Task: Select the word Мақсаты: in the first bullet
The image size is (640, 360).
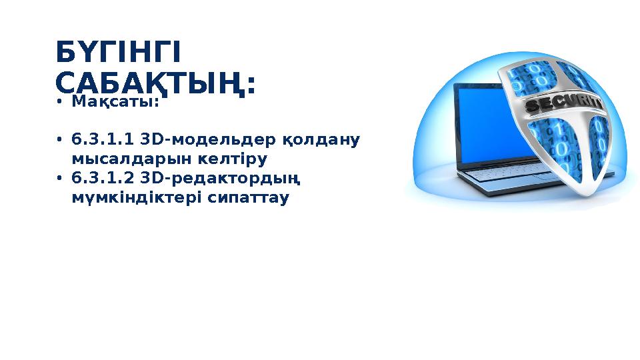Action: click(115, 102)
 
